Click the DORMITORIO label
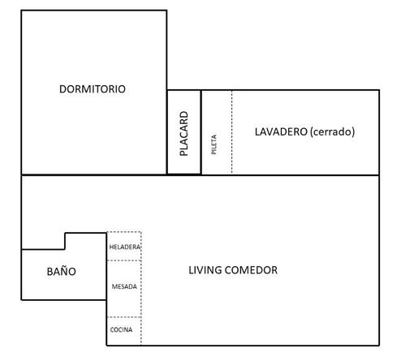pyautogui.click(x=93, y=89)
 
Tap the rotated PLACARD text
pyautogui.click(x=183, y=134)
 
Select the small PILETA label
pyautogui.click(x=213, y=144)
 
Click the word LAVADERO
pyautogui.click(x=281, y=131)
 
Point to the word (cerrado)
pyautogui.click(x=333, y=132)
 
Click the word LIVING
pyautogui.click(x=205, y=270)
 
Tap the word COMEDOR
pyautogui.click(x=251, y=270)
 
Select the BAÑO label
pyautogui.click(x=62, y=271)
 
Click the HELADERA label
pyautogui.click(x=125, y=247)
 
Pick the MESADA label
pyautogui.click(x=124, y=286)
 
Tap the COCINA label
pyautogui.click(x=121, y=329)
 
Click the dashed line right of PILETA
pyautogui.click(x=231, y=132)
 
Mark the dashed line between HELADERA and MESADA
pyautogui.click(x=124, y=260)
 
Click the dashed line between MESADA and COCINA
pyautogui.click(x=124, y=317)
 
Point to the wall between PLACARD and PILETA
pyautogui.click(x=201, y=132)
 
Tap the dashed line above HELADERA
pyautogui.click(x=124, y=232)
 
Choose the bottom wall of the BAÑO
pyautogui.click(x=64, y=300)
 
